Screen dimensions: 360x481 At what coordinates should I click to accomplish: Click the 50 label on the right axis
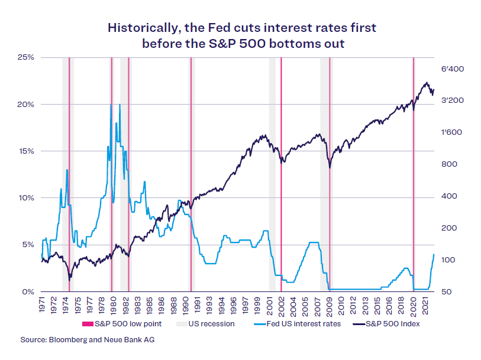point(447,291)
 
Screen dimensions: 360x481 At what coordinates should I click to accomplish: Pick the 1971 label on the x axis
point(41,305)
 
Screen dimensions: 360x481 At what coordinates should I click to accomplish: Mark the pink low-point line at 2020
point(413,177)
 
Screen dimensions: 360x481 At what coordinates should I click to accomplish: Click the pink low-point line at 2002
point(281,177)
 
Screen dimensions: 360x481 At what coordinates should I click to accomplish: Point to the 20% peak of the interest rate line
point(111,105)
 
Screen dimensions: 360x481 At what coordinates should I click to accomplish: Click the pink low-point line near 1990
point(191,177)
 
